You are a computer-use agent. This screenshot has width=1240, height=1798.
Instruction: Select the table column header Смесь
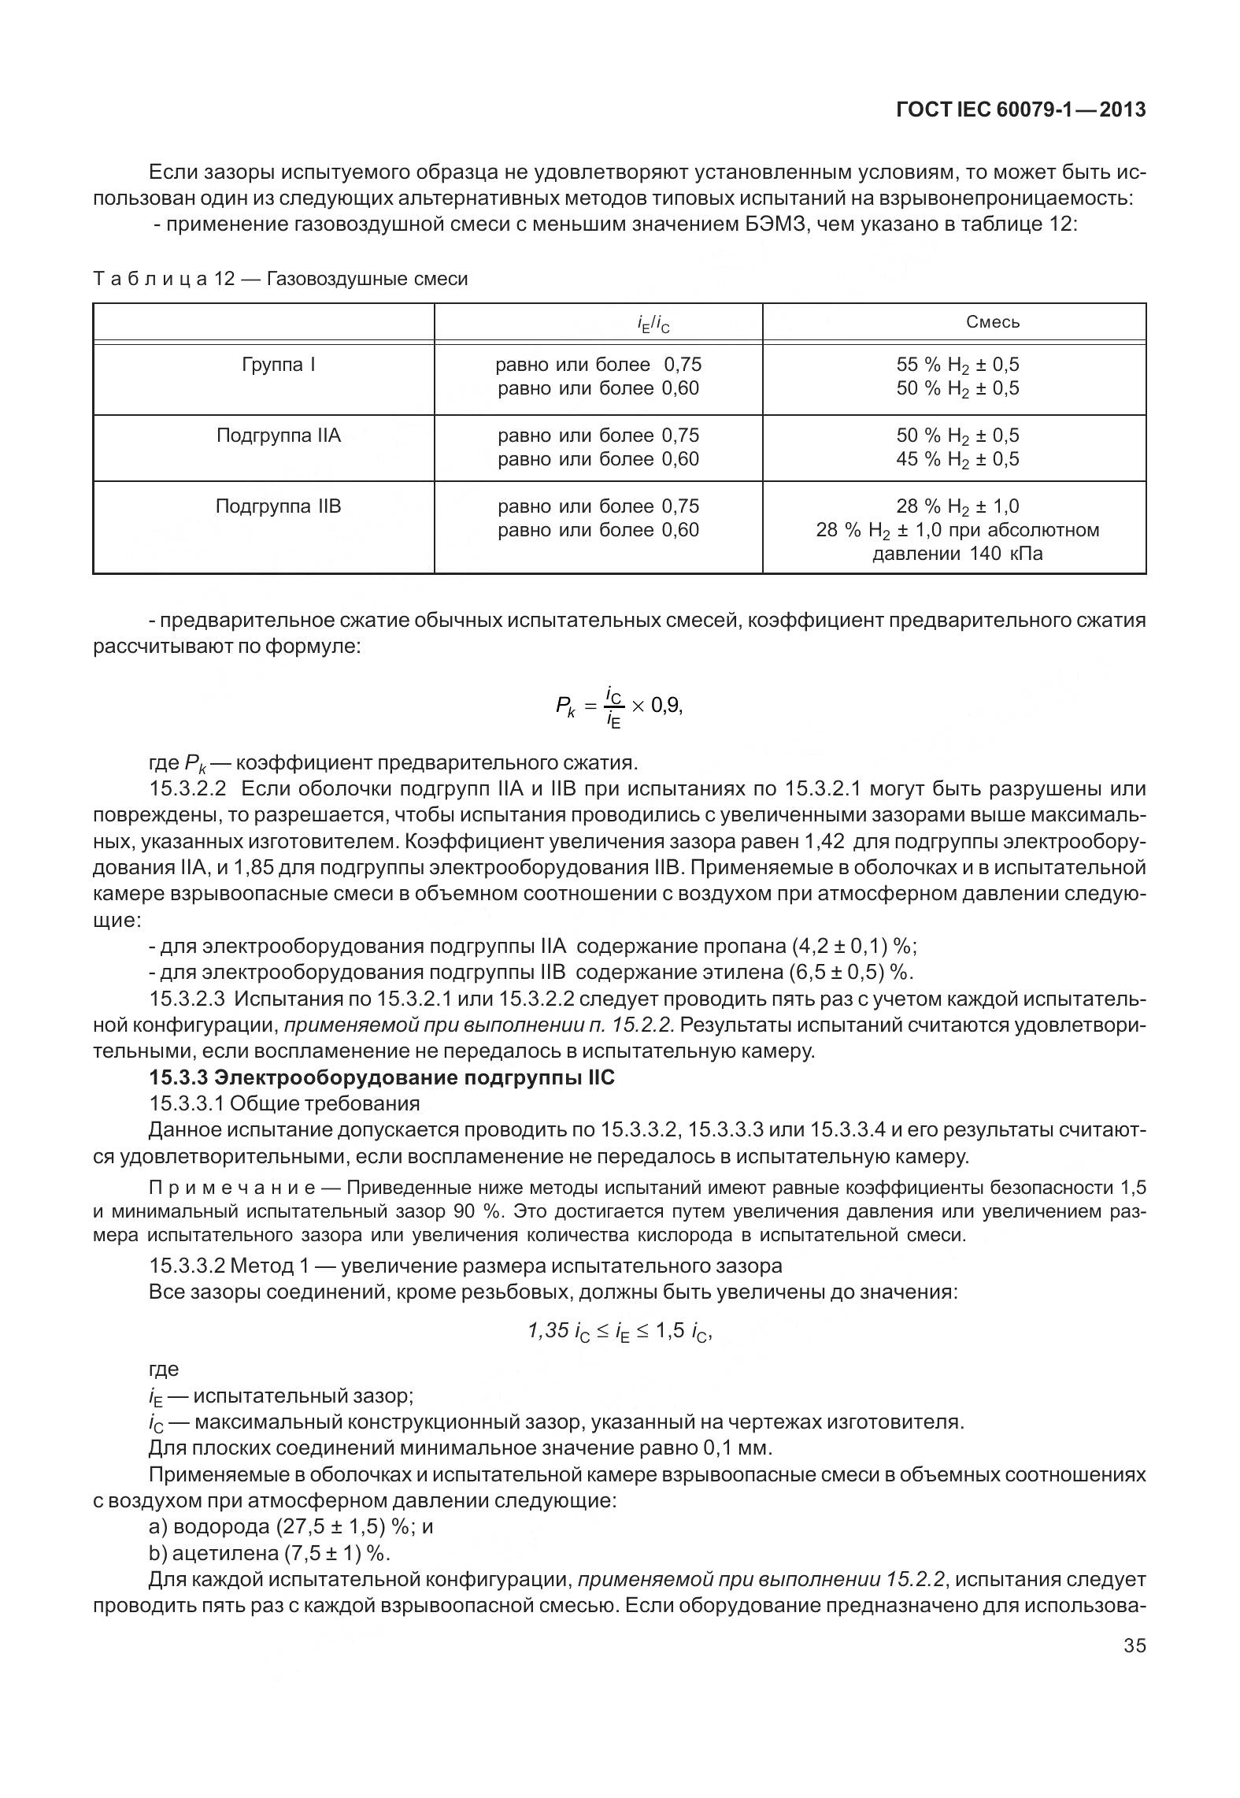click(992, 322)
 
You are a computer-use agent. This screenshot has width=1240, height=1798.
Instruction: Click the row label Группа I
click(279, 365)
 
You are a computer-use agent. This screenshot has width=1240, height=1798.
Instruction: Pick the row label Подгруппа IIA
click(279, 436)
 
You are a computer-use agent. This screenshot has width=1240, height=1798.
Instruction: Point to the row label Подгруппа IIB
click(279, 506)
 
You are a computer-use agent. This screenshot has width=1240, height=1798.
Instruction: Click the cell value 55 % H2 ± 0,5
click(957, 365)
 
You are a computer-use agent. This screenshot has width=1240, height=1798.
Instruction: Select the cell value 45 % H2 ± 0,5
click(957, 459)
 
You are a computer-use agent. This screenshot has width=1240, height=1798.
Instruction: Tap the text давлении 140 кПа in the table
click(957, 554)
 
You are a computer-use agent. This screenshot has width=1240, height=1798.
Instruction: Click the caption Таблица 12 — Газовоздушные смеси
click(280, 280)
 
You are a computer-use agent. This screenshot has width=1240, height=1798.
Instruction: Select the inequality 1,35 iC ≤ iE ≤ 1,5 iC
click(619, 1331)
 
